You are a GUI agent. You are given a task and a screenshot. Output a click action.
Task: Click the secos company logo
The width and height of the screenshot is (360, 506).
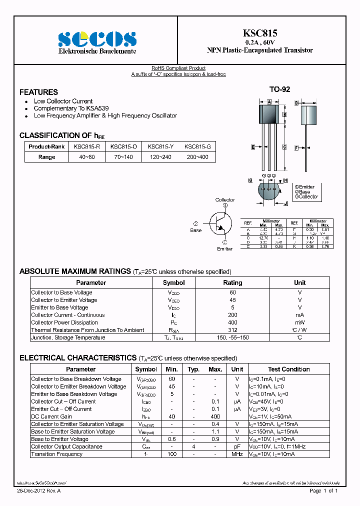(x=97, y=39)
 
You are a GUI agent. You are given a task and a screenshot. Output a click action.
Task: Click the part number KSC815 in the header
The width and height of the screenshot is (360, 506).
(x=260, y=33)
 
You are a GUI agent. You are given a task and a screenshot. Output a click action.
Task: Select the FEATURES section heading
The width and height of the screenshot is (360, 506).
(x=38, y=92)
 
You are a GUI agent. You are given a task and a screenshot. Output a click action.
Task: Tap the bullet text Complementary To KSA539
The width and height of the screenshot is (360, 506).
(x=71, y=108)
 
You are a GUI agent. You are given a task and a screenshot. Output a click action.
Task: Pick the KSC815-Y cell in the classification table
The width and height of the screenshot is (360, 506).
(x=160, y=146)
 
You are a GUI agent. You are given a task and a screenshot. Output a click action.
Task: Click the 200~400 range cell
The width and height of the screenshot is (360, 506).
(x=197, y=157)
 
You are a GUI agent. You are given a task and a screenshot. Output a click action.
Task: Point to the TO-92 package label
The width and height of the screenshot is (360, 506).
(x=280, y=89)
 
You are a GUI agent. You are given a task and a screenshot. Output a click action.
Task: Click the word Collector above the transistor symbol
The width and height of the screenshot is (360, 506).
(x=225, y=200)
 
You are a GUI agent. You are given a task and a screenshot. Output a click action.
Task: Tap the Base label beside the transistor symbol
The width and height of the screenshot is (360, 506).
(x=195, y=230)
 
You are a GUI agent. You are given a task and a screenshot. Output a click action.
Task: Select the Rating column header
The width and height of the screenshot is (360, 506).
(x=232, y=283)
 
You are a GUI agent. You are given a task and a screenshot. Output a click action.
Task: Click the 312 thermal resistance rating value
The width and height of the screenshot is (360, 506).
(x=232, y=330)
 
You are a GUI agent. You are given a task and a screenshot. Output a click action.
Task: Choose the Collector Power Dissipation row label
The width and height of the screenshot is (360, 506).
(x=64, y=322)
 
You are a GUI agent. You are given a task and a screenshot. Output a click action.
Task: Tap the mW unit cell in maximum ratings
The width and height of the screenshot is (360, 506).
(x=299, y=322)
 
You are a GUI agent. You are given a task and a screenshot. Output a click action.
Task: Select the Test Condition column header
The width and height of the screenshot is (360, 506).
(x=288, y=369)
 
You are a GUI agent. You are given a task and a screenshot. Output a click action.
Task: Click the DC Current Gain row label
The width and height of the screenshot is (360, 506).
(x=51, y=416)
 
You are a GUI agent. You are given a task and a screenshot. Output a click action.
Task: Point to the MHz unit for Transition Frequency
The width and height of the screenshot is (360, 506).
(x=237, y=454)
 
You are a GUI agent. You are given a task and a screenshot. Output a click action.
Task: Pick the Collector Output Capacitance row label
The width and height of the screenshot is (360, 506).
(x=66, y=446)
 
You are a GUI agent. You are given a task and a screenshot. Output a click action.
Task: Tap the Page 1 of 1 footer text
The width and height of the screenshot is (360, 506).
(x=324, y=491)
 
